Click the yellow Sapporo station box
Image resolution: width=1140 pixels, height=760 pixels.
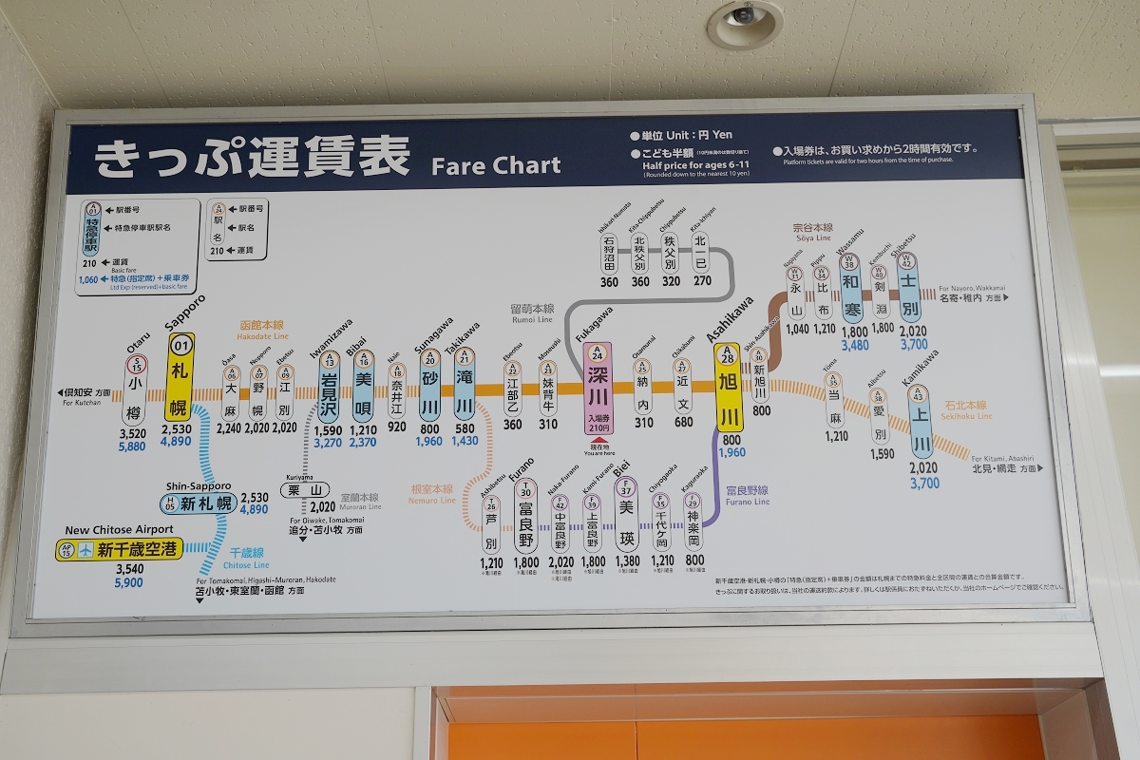coord(180,377)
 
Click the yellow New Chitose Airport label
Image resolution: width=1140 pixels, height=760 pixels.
coord(118,550)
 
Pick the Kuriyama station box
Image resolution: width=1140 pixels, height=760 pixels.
coord(304,490)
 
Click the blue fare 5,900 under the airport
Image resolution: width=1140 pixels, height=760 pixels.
coord(128,583)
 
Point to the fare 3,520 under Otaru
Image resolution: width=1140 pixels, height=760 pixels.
coord(133,433)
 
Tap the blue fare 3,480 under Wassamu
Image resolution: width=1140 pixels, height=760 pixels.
coord(854,345)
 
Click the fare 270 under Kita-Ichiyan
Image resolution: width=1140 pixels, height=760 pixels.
coord(702,281)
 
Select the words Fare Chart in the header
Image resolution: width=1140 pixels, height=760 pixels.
coord(496,166)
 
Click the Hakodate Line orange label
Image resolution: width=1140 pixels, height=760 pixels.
coord(263,331)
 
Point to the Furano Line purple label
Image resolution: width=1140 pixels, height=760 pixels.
coord(747,496)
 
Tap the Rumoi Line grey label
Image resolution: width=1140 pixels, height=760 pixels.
coord(531,313)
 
